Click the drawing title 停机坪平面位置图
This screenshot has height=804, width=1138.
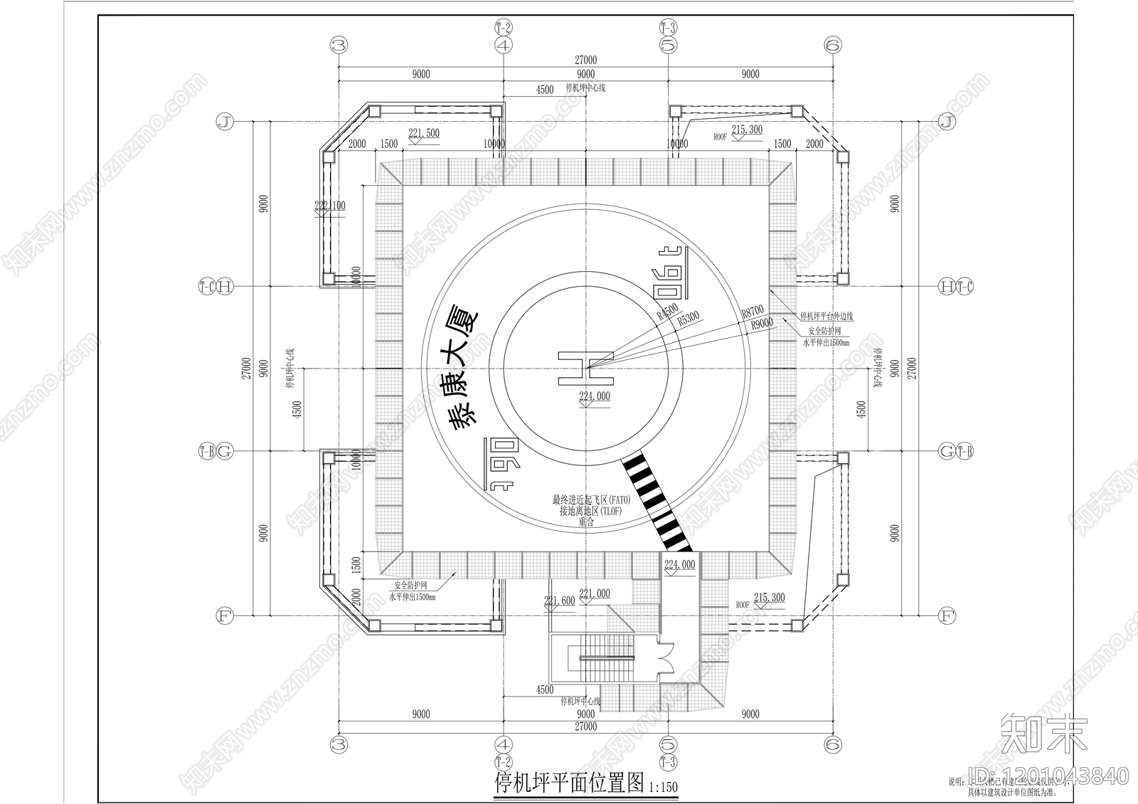(x=570, y=783)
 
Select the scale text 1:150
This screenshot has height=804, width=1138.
(x=663, y=787)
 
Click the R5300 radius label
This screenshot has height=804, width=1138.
(x=688, y=318)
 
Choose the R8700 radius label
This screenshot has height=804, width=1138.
(x=752, y=311)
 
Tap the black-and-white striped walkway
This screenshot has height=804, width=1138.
(x=657, y=502)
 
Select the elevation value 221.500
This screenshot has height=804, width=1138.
(x=424, y=133)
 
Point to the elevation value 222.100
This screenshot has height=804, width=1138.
(x=329, y=206)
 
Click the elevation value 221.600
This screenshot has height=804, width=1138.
(x=559, y=601)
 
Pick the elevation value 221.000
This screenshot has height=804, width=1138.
(x=595, y=593)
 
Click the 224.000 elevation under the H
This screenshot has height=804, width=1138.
(x=595, y=397)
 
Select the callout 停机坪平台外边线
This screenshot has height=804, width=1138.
(x=826, y=316)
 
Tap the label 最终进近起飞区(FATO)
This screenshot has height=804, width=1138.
(x=591, y=499)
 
